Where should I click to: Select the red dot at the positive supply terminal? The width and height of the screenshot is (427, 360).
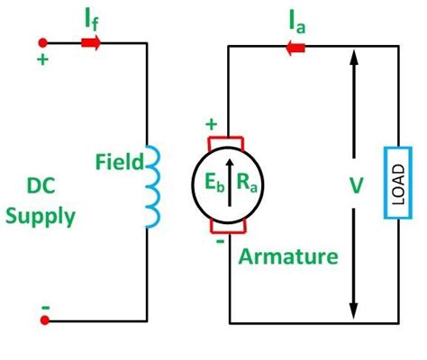43,41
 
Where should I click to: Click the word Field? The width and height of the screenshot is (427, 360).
119,163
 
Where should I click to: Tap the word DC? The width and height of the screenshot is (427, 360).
46,187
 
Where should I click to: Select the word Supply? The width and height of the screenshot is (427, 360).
50,217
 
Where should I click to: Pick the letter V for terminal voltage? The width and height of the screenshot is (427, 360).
356,186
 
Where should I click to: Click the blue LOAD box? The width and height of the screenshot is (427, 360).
392,184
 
